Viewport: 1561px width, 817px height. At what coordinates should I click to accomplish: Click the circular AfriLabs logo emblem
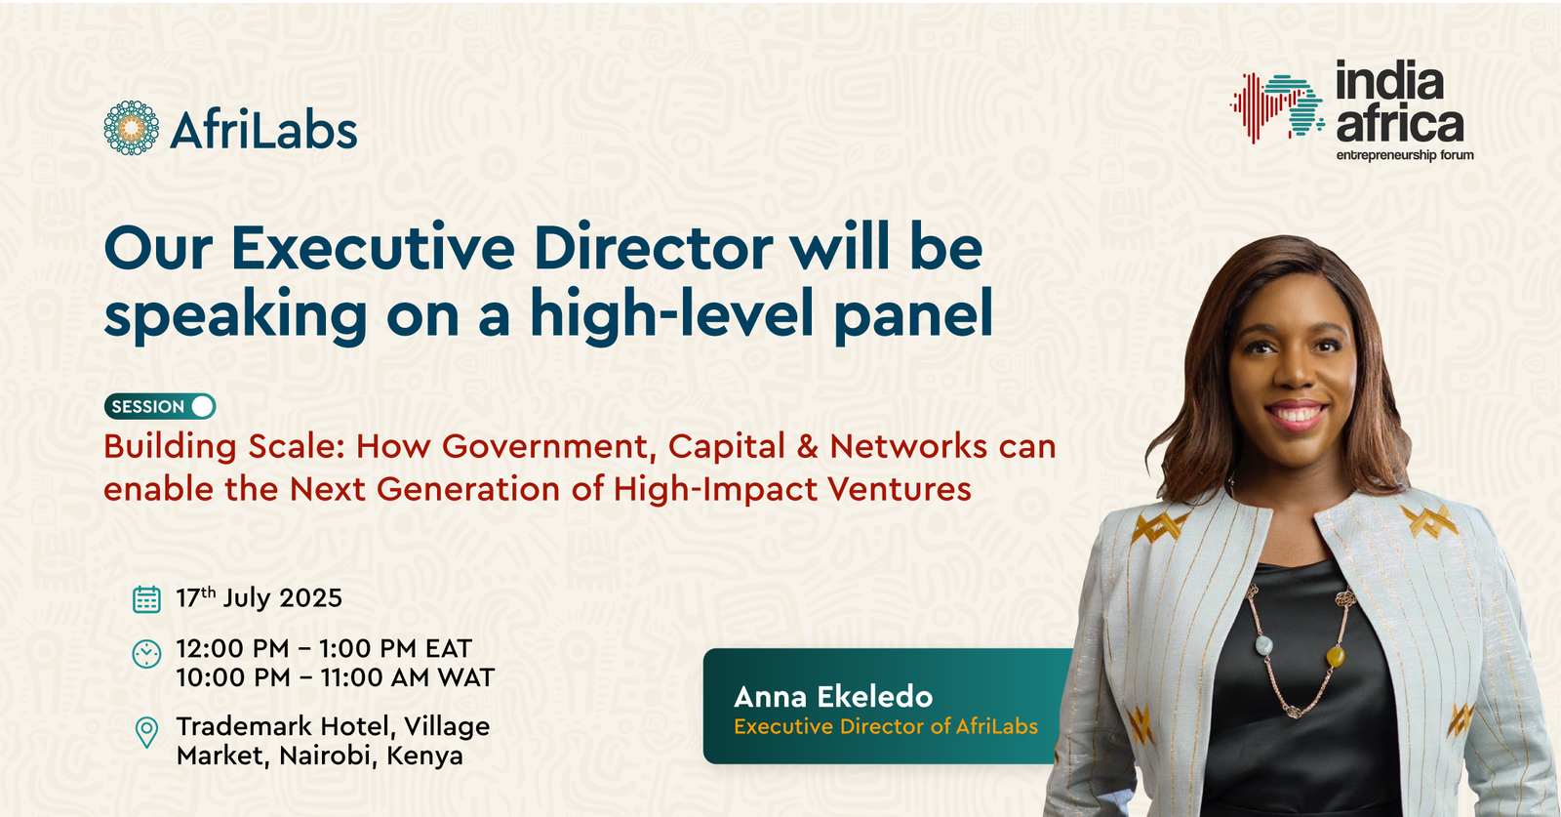(x=131, y=128)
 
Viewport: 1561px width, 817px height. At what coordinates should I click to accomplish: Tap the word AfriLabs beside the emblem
(x=263, y=129)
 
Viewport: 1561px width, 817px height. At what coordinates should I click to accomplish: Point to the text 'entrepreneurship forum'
(x=1405, y=155)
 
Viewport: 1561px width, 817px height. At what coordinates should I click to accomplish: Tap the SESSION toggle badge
(x=160, y=406)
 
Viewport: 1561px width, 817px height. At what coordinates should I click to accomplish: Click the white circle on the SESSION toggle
(x=202, y=406)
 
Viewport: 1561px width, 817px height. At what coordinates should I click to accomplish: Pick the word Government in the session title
(x=550, y=447)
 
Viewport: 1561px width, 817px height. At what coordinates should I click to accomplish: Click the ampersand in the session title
(x=807, y=447)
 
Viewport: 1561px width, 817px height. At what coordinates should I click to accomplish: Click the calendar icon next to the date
(x=146, y=598)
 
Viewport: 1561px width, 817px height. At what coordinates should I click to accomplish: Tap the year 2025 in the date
(x=311, y=598)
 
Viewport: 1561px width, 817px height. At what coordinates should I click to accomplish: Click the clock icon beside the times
(x=146, y=654)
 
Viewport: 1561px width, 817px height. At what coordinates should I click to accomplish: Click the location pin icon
(x=146, y=733)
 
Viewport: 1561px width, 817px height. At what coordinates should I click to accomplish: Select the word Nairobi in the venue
(x=326, y=756)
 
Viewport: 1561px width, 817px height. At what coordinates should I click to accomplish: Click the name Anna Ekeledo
(x=833, y=697)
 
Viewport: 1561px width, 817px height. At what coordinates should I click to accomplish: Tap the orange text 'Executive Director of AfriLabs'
(x=886, y=726)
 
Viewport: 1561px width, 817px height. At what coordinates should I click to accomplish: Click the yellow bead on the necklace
(x=1336, y=657)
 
